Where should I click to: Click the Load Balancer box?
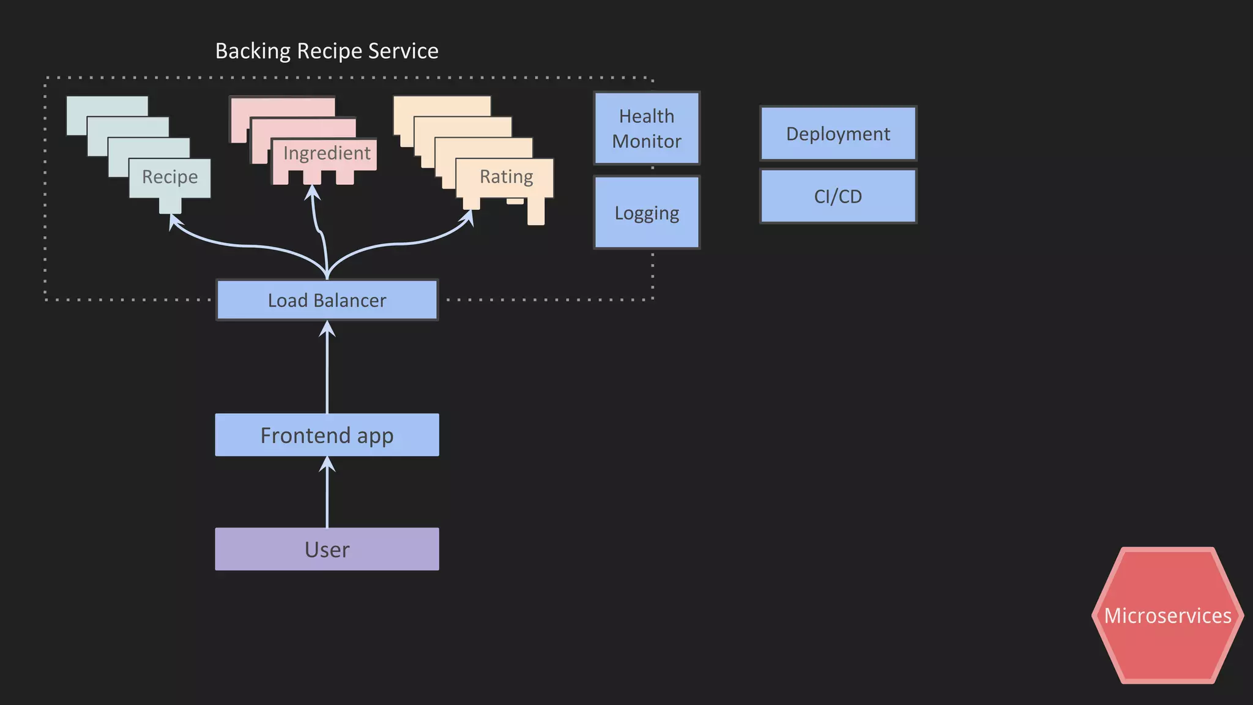click(327, 300)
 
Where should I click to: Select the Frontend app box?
click(327, 435)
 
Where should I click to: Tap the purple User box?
click(327, 549)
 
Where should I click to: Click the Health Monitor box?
click(647, 129)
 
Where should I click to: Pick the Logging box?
click(647, 212)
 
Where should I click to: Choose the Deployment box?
click(838, 133)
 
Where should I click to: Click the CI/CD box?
click(838, 196)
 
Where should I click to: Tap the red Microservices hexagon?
click(1167, 615)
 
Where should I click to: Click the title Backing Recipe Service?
click(327, 51)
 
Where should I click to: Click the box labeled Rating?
click(505, 177)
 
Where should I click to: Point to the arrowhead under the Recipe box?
click(174, 222)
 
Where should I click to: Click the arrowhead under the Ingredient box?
click(313, 192)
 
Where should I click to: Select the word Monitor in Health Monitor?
click(647, 141)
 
